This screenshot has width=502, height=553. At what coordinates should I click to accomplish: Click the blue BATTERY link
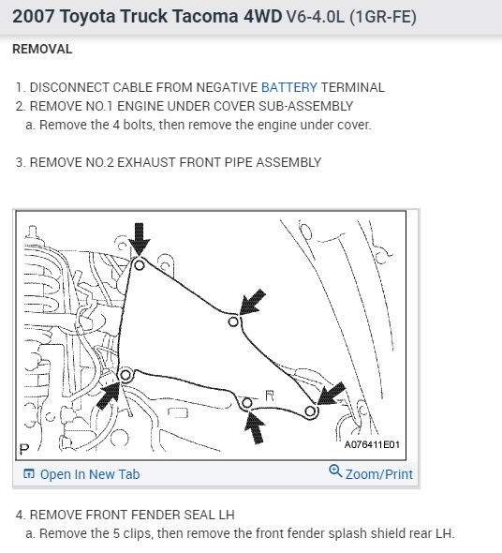[x=289, y=87]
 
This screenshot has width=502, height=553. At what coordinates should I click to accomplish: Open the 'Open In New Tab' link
[x=90, y=474]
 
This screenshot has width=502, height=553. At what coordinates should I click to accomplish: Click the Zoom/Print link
[x=379, y=474]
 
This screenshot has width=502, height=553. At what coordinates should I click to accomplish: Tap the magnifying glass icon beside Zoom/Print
[x=335, y=471]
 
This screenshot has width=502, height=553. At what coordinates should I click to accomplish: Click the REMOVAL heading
[x=42, y=49]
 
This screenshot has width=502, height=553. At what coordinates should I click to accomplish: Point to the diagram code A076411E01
[x=372, y=444]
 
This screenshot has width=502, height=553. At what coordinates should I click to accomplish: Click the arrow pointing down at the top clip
[x=140, y=239]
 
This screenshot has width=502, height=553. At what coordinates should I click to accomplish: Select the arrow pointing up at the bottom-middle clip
[x=256, y=427]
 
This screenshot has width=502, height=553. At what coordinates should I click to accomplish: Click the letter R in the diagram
[x=270, y=396]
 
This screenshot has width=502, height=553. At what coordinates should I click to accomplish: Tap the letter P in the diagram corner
[x=24, y=450]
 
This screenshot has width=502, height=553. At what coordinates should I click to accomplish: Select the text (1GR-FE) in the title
[x=383, y=17]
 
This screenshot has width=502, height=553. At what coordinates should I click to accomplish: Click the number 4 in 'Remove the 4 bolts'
[x=116, y=125]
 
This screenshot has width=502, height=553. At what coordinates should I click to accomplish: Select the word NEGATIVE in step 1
[x=227, y=87]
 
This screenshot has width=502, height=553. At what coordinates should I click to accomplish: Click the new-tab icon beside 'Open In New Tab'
[x=29, y=473]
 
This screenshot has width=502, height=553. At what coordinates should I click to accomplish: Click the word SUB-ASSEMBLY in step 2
[x=306, y=106]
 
